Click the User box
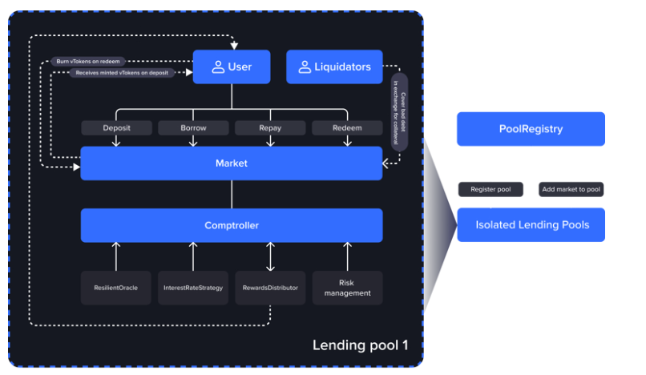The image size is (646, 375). [x=231, y=67]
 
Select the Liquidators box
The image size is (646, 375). [x=334, y=67]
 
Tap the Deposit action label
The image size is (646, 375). [x=116, y=128]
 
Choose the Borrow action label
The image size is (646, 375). [x=193, y=128]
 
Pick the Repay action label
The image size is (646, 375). [x=270, y=128]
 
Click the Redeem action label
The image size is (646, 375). [x=347, y=128]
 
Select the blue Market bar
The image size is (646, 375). [x=232, y=163]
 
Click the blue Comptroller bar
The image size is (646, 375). [x=232, y=226]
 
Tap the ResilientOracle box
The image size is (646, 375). [x=116, y=288]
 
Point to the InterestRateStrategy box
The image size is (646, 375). [x=193, y=288]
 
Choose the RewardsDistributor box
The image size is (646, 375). [x=270, y=288]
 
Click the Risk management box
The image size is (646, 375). [x=347, y=288]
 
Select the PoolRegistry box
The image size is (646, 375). [x=531, y=129]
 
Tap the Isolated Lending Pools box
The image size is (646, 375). [x=531, y=225]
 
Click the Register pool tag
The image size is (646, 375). [x=491, y=190]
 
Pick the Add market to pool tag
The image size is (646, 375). [x=571, y=190]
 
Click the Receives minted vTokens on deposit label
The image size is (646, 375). [x=123, y=73]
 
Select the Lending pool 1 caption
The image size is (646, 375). [x=360, y=346]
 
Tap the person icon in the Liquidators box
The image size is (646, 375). [x=305, y=67]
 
